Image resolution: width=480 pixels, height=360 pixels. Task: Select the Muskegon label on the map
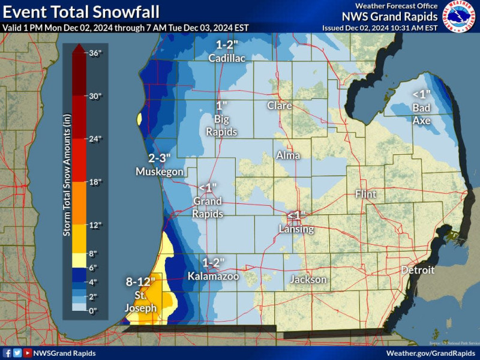(159, 172)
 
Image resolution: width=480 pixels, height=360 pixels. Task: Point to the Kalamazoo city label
(213, 276)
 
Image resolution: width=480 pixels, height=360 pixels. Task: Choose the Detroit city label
(418, 270)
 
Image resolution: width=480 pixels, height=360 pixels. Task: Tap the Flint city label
(365, 194)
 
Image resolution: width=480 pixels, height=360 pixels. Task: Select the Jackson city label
(308, 280)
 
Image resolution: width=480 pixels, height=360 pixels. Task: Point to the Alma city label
(288, 155)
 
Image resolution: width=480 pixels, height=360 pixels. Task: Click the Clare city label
(279, 106)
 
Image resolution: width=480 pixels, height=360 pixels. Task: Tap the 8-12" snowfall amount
(140, 281)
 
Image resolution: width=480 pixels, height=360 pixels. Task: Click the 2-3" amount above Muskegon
(160, 158)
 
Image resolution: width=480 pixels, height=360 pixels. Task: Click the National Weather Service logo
(460, 16)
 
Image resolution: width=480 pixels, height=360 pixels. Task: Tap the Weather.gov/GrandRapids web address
(431, 353)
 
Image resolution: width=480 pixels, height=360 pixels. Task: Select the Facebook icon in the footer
(7, 353)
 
